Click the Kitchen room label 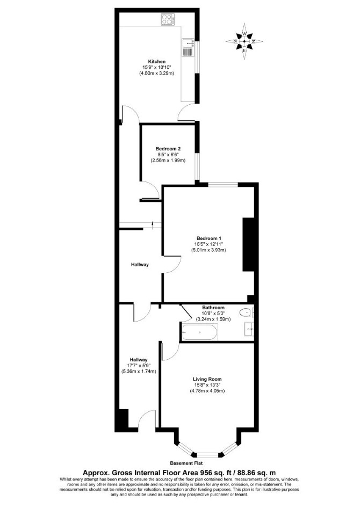pos(156,61)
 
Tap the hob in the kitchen pos(168,19)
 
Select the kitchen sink pos(189,47)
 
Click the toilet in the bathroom pos(247,312)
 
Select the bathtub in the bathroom pos(200,332)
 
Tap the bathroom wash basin pos(249,329)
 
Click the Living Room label pos(207,379)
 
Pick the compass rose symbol pos(244,41)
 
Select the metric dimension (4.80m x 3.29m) pos(156,73)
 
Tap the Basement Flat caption pos(186,463)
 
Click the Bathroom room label pos(213,308)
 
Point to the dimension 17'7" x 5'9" pos(139,366)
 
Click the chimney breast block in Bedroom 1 pos(248,244)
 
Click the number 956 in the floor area pos(200,472)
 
